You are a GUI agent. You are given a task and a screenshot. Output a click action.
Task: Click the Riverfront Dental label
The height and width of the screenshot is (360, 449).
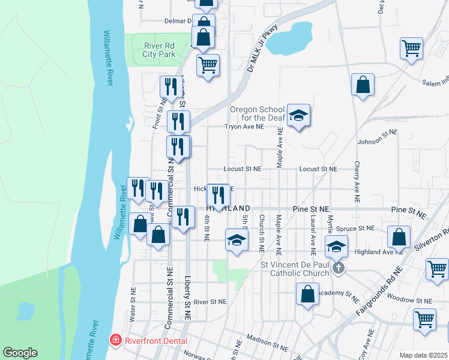[156, 341]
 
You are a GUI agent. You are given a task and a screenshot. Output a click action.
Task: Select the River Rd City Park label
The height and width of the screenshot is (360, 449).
[159, 49]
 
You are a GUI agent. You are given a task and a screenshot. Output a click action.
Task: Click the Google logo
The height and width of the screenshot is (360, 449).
[20, 353]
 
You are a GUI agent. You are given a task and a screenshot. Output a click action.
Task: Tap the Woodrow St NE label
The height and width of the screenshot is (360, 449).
[410, 299]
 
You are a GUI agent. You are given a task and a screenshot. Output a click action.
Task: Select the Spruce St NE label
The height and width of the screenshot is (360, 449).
[356, 228]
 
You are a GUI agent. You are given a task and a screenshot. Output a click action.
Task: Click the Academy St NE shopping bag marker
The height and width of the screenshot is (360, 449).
[307, 294]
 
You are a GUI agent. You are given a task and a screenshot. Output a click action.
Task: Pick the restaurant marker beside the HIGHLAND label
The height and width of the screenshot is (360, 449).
[218, 194]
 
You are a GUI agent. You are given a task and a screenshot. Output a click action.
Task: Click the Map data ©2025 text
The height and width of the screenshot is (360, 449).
[424, 355]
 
